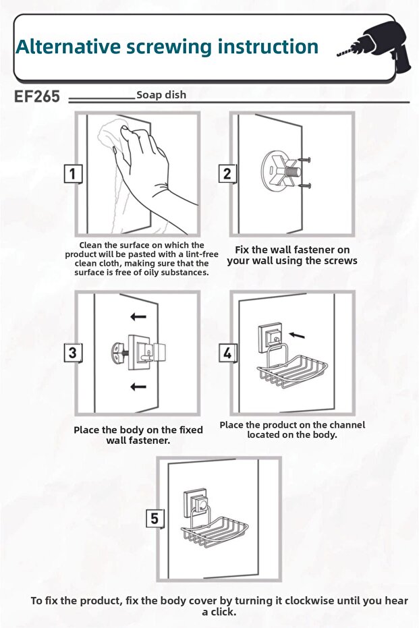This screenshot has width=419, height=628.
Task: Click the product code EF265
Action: coord(37,96)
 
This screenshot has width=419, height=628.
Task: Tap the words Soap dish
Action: coord(161,95)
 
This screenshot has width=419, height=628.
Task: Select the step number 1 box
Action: coord(73,174)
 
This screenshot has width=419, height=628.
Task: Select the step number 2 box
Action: coord(227,174)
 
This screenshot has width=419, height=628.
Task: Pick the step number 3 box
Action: coord(73,353)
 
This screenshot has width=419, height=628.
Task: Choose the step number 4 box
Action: coord(227,353)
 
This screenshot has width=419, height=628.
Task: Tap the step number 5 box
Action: coord(155,519)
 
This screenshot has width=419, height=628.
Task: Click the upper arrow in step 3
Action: coord(138,317)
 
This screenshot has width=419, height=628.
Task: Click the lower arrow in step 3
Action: coord(138,387)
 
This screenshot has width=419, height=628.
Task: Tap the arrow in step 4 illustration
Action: coord(297,335)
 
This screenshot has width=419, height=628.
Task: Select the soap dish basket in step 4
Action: coord(292,370)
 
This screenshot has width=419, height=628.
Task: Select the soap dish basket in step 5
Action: coord(215,531)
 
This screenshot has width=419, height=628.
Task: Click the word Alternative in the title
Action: coord(68,47)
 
